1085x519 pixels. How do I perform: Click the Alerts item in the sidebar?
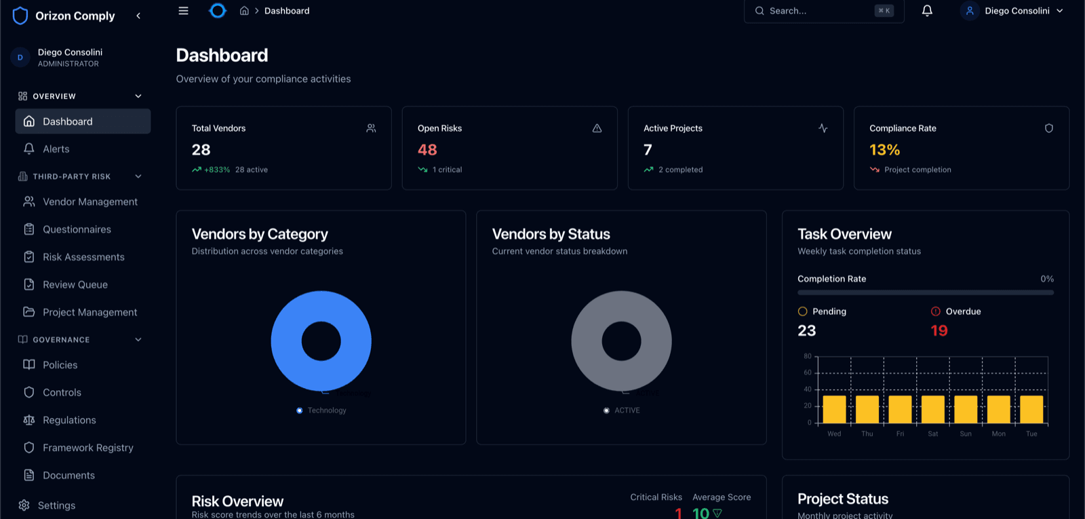click(56, 149)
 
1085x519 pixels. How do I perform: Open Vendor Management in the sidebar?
click(90, 202)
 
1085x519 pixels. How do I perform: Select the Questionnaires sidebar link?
click(77, 230)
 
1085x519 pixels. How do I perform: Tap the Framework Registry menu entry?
click(87, 448)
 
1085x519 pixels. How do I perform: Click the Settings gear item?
click(56, 505)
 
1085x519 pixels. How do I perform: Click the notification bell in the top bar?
click(927, 11)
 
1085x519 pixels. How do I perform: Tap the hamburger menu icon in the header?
click(183, 11)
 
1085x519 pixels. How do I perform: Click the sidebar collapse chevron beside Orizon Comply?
click(138, 16)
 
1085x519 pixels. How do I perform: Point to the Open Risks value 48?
click(427, 150)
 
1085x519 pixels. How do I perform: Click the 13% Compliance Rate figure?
click(884, 150)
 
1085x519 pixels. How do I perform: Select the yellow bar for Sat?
click(932, 410)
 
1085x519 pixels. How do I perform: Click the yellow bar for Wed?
click(834, 410)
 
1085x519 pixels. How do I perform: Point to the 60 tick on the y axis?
click(807, 372)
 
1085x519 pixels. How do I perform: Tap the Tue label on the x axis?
click(1031, 434)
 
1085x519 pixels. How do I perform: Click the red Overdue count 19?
click(939, 331)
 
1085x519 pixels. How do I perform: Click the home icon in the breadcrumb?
click(244, 11)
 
